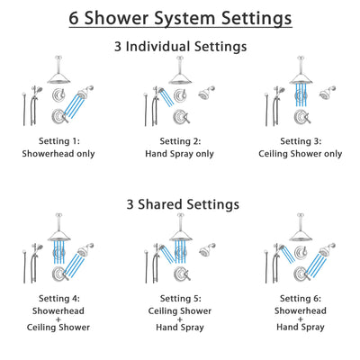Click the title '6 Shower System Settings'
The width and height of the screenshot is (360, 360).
(180, 18)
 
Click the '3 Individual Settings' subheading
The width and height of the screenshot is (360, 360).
(180, 46)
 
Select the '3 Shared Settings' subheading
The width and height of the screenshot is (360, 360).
(180, 204)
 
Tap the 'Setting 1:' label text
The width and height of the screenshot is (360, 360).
(60, 141)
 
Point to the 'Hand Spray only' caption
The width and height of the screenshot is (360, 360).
(180, 154)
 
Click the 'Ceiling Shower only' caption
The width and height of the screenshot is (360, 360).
(300, 154)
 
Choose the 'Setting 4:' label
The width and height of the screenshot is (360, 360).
(60, 298)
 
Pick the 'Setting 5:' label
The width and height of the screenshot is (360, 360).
(180, 298)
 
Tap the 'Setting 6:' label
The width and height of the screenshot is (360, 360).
(300, 298)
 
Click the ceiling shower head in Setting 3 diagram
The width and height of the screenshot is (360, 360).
(300, 77)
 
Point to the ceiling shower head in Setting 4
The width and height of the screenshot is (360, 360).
(60, 234)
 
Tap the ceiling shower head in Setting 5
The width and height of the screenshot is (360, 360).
(180, 234)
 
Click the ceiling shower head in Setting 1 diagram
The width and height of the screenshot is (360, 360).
(60, 77)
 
